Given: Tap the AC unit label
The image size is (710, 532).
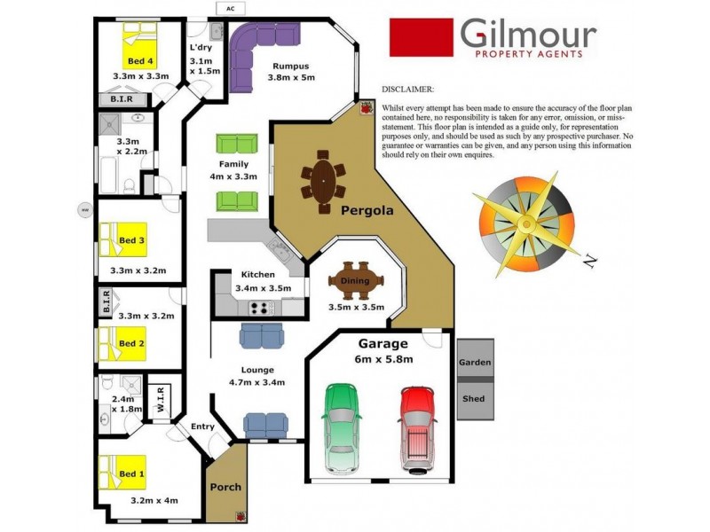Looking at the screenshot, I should [231, 9].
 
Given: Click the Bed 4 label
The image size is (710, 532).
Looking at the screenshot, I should [139, 61].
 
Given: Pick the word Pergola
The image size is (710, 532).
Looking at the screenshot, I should [367, 211].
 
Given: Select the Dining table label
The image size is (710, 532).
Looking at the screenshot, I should [355, 281].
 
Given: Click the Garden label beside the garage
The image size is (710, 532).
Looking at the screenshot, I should [474, 364].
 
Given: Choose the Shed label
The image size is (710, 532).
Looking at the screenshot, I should [474, 399].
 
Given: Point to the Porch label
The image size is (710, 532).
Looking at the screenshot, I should [225, 487].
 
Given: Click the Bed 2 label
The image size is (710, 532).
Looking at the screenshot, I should [131, 343].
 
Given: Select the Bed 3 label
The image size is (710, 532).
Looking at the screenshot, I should [131, 240].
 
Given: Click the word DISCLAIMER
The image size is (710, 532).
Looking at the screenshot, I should [407, 90].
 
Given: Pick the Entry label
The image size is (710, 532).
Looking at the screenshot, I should [203, 426].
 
